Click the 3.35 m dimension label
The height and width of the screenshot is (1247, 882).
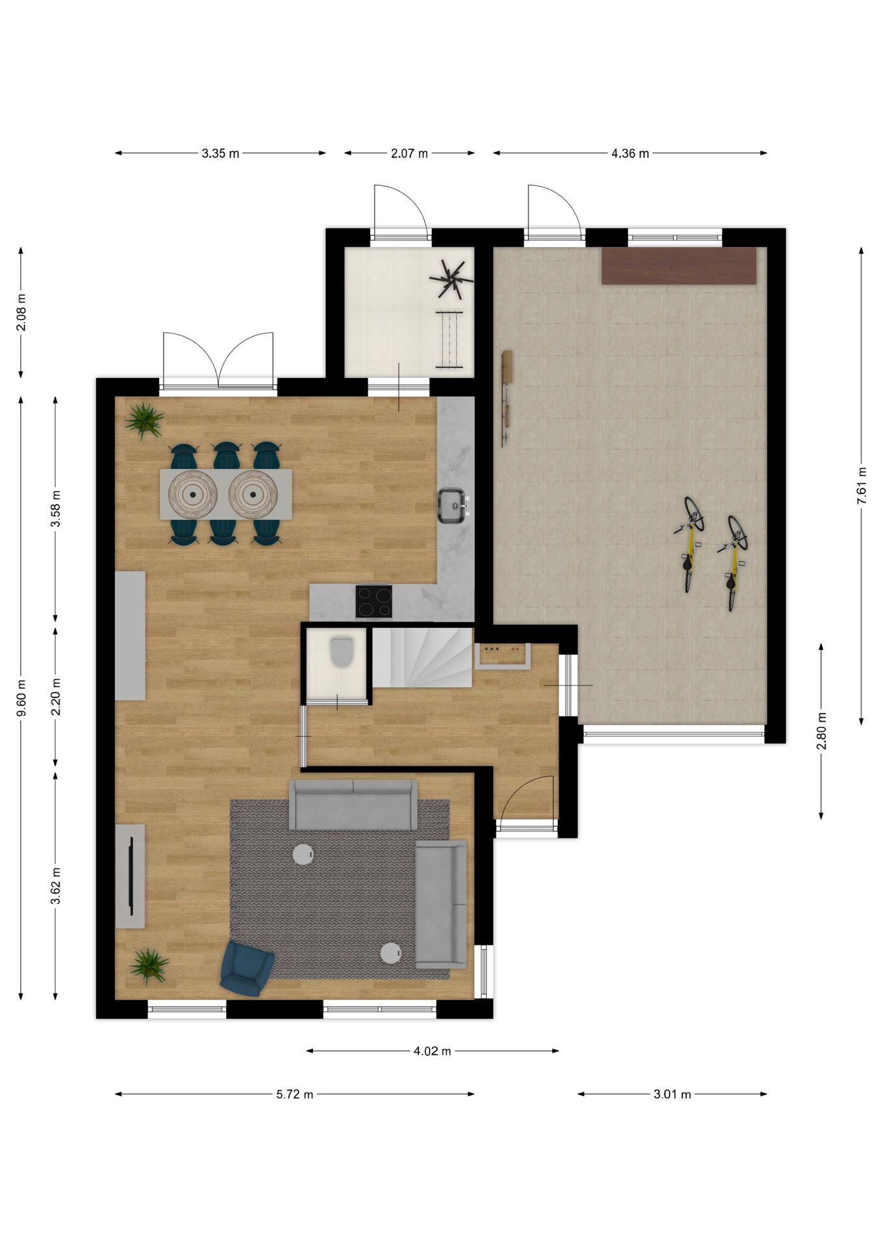(x=220, y=153)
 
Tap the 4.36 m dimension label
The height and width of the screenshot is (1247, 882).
(x=630, y=153)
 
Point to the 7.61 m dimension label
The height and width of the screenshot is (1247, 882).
(x=862, y=485)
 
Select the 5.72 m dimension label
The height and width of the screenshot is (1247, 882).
(x=295, y=1094)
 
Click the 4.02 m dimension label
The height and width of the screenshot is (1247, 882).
(x=433, y=1051)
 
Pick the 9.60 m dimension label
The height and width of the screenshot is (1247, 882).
(x=21, y=698)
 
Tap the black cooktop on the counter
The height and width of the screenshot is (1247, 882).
(x=373, y=601)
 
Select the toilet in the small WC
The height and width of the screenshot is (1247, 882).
(x=342, y=651)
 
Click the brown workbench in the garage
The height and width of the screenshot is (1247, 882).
(x=679, y=266)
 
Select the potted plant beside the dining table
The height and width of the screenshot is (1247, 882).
(x=144, y=420)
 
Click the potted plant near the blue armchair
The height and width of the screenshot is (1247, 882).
(x=149, y=966)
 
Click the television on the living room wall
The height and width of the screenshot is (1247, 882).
(x=131, y=876)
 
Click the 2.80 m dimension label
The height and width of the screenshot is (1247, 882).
(x=822, y=731)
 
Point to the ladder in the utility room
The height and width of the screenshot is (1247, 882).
(x=449, y=340)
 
